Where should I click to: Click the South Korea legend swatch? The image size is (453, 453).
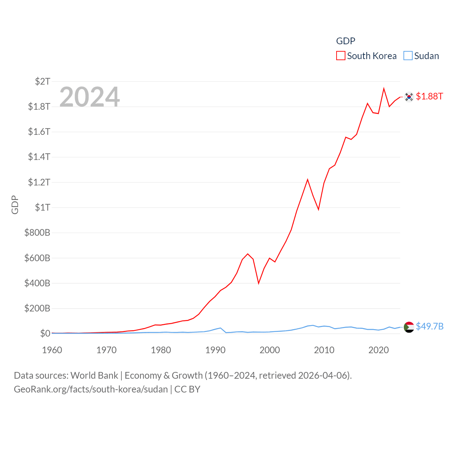coord(340,56)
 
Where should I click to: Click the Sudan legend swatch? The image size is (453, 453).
coord(408,56)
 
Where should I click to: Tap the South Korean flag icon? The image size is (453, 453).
coord(409,97)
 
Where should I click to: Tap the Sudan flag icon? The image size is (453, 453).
coord(409,327)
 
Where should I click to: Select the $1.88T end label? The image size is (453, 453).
coord(429,96)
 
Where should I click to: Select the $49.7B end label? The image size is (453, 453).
coord(430,326)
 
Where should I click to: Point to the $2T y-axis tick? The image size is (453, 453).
coord(42,81)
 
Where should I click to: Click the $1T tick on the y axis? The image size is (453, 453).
coord(42,207)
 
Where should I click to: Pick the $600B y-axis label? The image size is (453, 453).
coord(37,258)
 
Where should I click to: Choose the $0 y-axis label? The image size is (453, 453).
coord(45,333)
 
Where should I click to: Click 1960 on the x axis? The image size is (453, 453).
coord(52,350)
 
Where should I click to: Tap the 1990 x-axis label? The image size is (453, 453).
coord(215,350)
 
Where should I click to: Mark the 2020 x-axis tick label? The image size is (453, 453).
coord(379,350)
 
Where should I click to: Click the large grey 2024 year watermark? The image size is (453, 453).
coord(90,97)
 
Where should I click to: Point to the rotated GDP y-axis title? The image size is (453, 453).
coord(15,205)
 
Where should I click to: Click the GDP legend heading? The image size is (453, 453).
coord(345,41)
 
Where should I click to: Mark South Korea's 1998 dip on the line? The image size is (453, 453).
coord(259,283)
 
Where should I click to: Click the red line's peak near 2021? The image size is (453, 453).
coord(384,89)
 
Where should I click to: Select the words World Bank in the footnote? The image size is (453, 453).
coord(94,375)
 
